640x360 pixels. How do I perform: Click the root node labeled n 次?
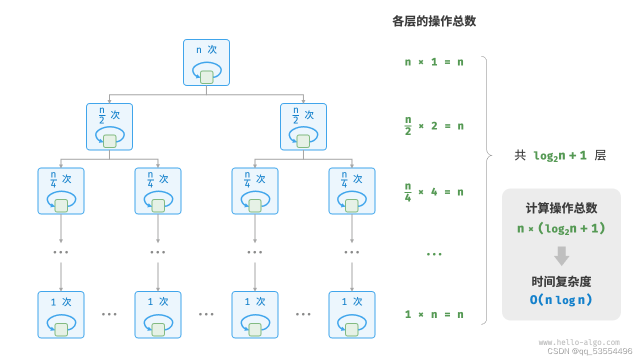pyautogui.click(x=206, y=62)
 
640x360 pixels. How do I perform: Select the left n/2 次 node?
pyautogui.click(x=109, y=126)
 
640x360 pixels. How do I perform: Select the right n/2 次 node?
pyautogui.click(x=303, y=126)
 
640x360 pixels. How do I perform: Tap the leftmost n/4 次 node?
pyautogui.click(x=61, y=191)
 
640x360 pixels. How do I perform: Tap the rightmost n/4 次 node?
pyautogui.click(x=352, y=191)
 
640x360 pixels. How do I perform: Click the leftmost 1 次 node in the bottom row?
pyautogui.click(x=61, y=314)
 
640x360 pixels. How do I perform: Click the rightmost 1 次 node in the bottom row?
pyautogui.click(x=352, y=314)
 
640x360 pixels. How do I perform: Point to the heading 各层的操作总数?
pyautogui.click(x=434, y=21)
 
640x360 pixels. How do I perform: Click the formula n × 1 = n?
pyautogui.click(x=434, y=62)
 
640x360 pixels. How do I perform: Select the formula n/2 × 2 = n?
pyautogui.click(x=434, y=126)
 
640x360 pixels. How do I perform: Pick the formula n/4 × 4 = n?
pyautogui.click(x=434, y=191)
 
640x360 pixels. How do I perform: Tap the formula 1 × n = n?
pyautogui.click(x=434, y=314)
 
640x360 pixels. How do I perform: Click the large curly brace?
pyautogui.click(x=486, y=190)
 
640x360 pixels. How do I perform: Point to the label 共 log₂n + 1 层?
pyautogui.click(x=560, y=155)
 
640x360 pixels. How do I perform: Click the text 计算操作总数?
pyautogui.click(x=561, y=208)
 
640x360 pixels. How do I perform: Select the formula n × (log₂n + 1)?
pyautogui.click(x=561, y=228)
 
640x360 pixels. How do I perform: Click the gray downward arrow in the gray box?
pyautogui.click(x=561, y=255)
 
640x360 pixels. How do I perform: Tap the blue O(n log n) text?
pyautogui.click(x=561, y=300)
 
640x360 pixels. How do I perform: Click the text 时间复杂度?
pyautogui.click(x=561, y=281)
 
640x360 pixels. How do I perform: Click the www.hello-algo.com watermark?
pyautogui.click(x=579, y=342)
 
